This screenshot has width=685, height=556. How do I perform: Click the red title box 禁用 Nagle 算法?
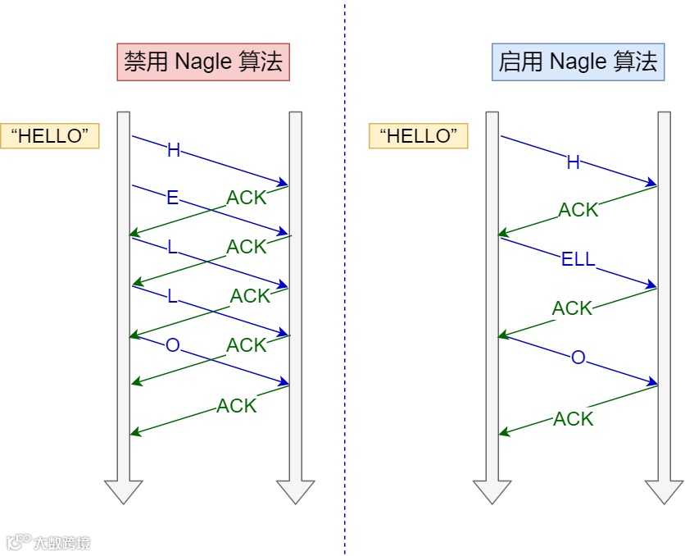(x=203, y=62)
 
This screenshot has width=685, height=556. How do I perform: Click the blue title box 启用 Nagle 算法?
(x=578, y=62)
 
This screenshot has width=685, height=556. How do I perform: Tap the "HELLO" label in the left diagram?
(x=50, y=136)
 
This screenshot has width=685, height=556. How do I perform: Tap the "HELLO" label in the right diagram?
(x=419, y=136)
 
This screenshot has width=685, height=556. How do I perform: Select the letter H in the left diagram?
(x=173, y=150)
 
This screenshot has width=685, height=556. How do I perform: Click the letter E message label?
(x=172, y=198)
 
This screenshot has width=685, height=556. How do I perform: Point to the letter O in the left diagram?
(x=172, y=345)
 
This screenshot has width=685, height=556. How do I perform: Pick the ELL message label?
(x=578, y=261)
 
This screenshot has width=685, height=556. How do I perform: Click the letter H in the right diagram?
(x=574, y=162)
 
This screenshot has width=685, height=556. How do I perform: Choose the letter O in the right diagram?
(x=578, y=358)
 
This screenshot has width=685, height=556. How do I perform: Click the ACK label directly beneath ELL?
(x=572, y=308)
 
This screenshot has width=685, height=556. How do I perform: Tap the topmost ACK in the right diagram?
(x=578, y=210)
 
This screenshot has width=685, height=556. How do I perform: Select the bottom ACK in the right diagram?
(x=573, y=419)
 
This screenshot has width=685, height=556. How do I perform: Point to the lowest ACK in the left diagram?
(x=237, y=405)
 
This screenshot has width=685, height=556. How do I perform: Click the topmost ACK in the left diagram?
(x=247, y=198)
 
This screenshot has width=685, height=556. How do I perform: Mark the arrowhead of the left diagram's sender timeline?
(x=124, y=490)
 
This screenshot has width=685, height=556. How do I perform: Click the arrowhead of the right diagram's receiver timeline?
(x=664, y=490)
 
